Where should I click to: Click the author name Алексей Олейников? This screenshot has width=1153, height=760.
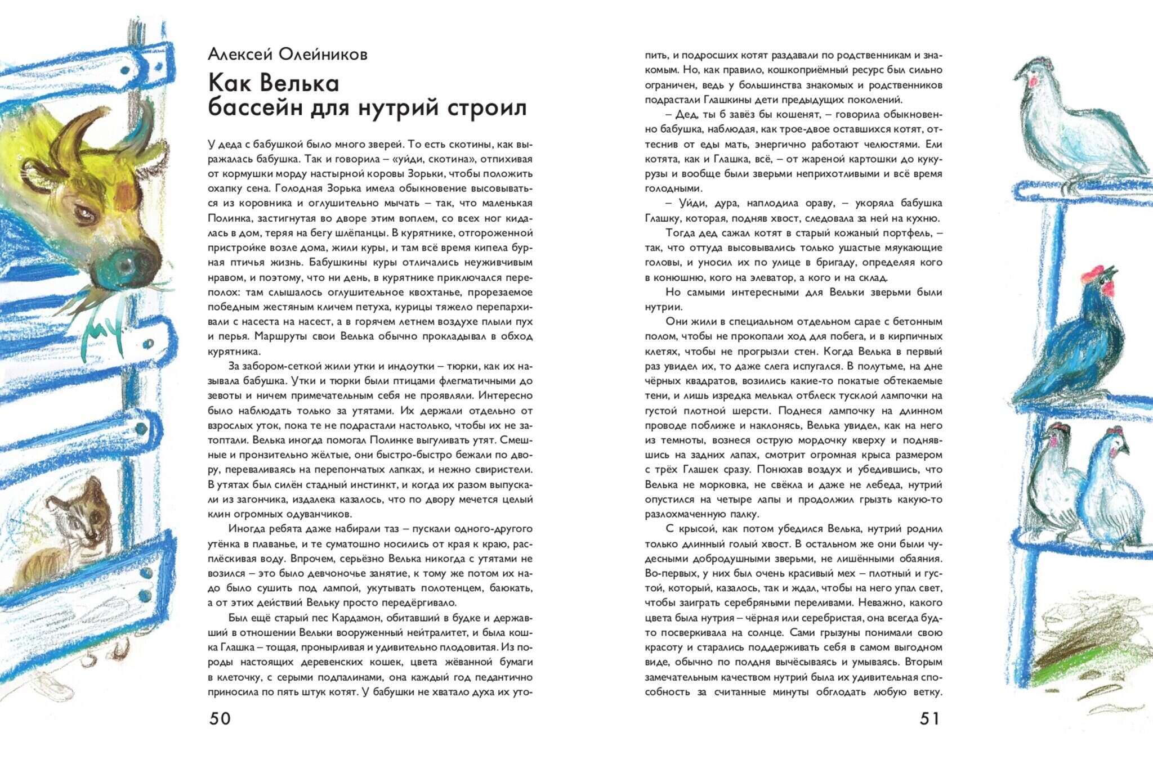pyautogui.click(x=287, y=54)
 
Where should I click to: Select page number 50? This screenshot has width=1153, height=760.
pyautogui.click(x=220, y=718)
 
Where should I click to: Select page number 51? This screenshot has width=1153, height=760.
pyautogui.click(x=929, y=718)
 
